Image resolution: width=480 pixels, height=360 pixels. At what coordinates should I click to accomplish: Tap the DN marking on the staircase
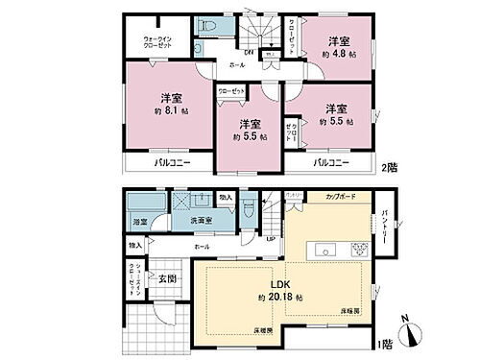[249, 52]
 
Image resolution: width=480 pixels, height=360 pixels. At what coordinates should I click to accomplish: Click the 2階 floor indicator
[389, 164]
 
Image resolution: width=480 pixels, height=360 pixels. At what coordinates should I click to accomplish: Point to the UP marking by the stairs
[270, 239]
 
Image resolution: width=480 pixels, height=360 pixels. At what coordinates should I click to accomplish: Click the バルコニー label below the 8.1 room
[172, 164]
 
